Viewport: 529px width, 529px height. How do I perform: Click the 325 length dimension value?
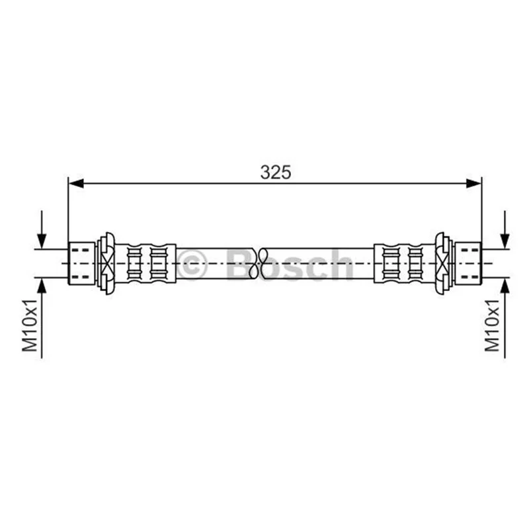[x=275, y=173]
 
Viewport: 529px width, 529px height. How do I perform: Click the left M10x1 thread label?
[x=30, y=325]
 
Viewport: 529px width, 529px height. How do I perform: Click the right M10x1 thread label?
[x=492, y=325]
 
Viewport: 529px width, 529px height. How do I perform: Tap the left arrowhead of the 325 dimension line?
[x=76, y=184]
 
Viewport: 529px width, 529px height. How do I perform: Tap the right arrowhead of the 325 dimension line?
[x=473, y=184]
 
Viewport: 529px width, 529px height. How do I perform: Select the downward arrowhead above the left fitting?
[x=42, y=241]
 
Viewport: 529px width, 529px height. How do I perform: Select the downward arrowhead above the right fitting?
[x=505, y=241]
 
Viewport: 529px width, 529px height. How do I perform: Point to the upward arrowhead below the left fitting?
[x=42, y=286]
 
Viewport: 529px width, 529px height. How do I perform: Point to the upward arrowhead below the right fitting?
[x=505, y=286]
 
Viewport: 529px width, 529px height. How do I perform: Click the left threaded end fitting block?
[x=81, y=263]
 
